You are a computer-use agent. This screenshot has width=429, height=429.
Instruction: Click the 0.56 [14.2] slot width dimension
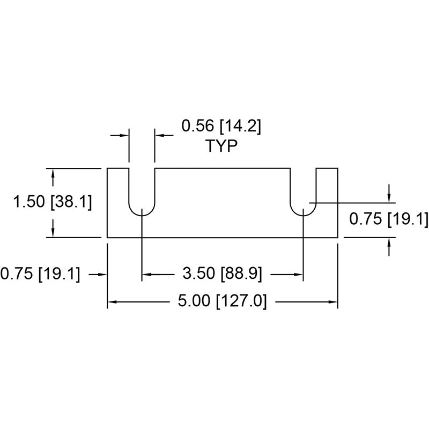[x=221, y=127]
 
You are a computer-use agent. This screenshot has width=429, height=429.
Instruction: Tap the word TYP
[x=221, y=146]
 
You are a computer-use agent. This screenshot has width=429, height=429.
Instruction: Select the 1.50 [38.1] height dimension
[x=53, y=202]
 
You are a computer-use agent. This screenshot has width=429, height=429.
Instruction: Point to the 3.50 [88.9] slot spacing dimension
[x=222, y=273]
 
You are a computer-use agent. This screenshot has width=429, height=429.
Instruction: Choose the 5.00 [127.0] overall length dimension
[x=222, y=301]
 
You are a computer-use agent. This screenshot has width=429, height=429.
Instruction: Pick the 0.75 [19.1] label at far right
[x=389, y=219]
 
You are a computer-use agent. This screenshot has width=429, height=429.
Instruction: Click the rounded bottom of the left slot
[x=142, y=210]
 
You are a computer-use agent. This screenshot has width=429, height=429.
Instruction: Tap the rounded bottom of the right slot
[x=303, y=210]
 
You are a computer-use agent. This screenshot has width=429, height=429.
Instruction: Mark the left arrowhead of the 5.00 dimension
[x=112, y=302]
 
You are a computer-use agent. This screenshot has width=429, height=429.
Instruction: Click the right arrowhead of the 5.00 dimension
[x=332, y=302]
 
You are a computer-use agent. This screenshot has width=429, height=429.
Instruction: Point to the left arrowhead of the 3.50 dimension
[x=147, y=274]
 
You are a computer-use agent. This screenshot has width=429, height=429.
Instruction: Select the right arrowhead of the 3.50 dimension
[x=298, y=274]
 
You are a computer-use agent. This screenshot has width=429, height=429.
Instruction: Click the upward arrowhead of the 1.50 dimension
[x=53, y=173]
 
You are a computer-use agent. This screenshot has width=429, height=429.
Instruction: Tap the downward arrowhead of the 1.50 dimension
[x=53, y=232]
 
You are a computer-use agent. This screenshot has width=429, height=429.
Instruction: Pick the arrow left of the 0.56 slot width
[x=120, y=135]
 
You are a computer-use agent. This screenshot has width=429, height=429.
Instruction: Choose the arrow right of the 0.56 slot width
[x=164, y=135]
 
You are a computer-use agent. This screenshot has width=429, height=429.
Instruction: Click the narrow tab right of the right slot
[x=327, y=203]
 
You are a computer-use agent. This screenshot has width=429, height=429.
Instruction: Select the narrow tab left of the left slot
[x=118, y=203]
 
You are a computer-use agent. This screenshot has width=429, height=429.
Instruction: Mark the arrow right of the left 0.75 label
[x=98, y=274]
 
